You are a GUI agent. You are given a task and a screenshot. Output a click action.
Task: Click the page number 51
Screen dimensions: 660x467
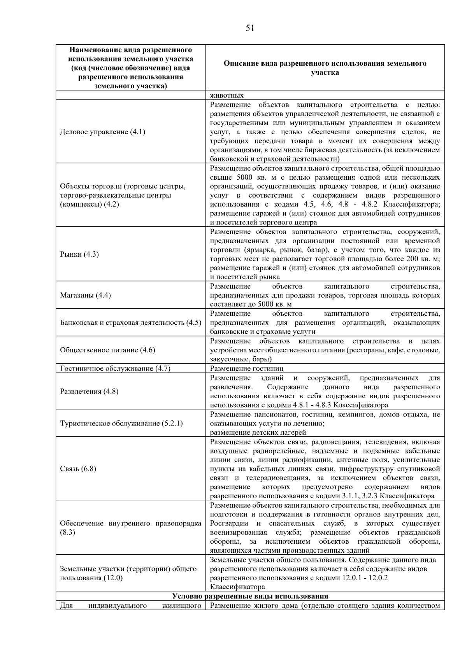point(250,28)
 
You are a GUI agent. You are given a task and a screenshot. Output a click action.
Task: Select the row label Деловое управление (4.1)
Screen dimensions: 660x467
point(102,132)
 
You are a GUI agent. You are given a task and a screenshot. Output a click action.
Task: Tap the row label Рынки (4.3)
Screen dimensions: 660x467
point(79,254)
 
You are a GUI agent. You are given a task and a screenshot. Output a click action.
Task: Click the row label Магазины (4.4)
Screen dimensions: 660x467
point(85,295)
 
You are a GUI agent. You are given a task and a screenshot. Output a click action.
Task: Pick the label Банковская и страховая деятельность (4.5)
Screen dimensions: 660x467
point(130,322)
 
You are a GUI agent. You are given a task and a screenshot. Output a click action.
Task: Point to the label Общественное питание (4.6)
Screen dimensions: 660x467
point(107,350)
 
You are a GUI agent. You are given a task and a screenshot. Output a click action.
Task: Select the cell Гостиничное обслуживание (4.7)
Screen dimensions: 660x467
point(115,368)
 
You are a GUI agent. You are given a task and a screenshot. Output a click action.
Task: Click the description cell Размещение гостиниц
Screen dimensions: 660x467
point(247,368)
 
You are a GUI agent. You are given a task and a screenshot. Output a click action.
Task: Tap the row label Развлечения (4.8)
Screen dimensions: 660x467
point(89,391)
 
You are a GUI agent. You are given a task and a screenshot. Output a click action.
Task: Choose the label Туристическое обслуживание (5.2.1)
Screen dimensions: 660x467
point(121,423)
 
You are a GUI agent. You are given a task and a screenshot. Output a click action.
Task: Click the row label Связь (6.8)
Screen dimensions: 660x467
point(78,469)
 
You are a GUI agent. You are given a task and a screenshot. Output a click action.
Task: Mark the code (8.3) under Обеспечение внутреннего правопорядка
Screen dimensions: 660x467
point(67,532)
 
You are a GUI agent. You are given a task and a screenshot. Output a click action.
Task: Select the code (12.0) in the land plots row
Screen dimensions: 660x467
point(113,578)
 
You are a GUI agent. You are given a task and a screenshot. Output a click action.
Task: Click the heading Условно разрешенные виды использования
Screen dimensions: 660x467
point(250,596)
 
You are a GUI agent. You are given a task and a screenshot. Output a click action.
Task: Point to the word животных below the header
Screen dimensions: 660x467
point(227,96)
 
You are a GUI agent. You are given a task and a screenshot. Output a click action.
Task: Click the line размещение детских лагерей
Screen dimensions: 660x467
point(258,432)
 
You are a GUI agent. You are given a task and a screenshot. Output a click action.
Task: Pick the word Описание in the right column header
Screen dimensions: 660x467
point(240,63)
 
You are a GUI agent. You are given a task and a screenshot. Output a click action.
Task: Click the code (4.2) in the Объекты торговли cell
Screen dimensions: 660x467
point(111,204)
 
